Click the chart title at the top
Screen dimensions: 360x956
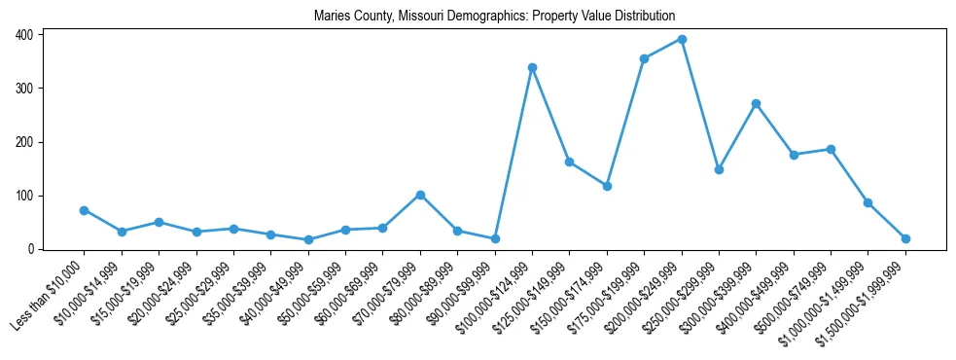pos(494,17)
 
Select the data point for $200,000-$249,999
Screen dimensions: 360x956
pos(682,39)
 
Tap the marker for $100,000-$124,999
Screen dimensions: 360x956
pos(532,67)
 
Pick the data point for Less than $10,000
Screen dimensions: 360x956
pos(84,210)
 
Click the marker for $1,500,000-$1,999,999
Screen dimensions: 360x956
pos(905,238)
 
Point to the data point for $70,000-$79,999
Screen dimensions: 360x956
pos(420,195)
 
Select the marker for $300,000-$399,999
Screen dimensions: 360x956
pos(756,103)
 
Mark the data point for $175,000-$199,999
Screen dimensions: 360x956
pos(644,58)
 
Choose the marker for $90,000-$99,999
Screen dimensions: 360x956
pos(495,238)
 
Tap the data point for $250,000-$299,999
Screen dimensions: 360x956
pos(719,169)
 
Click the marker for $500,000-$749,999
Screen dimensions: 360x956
pos(831,149)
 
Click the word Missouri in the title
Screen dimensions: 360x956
pos(422,17)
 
